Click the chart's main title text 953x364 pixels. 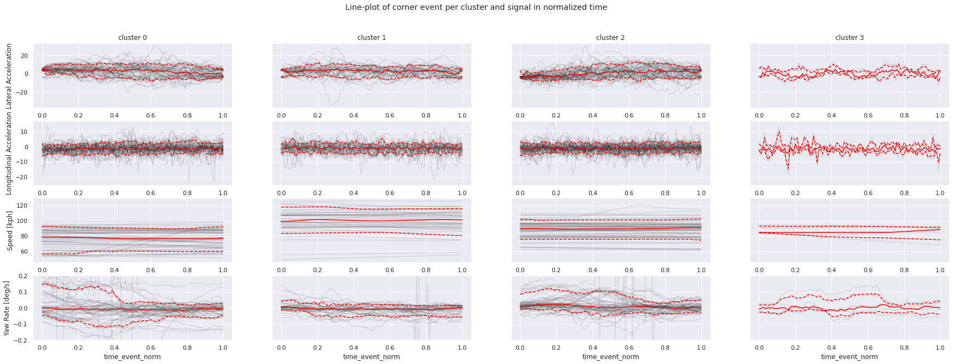476,7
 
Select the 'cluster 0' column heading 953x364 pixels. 132,38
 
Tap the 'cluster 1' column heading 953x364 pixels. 372,38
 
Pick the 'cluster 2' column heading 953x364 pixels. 610,38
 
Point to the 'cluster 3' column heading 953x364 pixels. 850,38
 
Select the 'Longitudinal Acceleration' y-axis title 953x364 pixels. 9,154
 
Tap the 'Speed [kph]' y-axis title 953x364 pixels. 9,230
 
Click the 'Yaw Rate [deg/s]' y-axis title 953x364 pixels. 7,308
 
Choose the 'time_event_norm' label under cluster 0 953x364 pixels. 132,357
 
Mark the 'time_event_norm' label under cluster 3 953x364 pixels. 849,357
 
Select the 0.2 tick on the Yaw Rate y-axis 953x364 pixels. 23,276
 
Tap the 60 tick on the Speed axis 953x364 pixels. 24,251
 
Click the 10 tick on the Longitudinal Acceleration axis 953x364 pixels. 24,132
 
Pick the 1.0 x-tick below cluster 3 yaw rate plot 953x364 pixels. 940,348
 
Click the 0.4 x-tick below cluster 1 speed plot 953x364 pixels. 354,270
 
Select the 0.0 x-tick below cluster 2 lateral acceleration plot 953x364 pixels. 520,116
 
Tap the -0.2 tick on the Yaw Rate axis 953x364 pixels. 22,340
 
